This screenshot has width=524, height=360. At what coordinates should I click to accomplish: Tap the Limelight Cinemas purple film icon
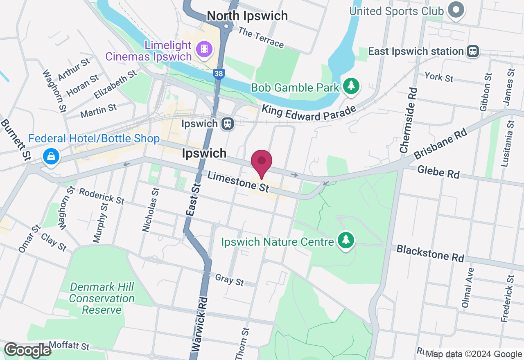pyautogui.click(x=204, y=49)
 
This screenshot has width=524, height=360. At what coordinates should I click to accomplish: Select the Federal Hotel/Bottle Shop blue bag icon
pyautogui.click(x=51, y=157)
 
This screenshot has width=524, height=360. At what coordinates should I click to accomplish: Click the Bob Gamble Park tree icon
pyautogui.click(x=351, y=86)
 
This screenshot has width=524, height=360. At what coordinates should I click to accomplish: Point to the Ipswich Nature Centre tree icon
pyautogui.click(x=346, y=240)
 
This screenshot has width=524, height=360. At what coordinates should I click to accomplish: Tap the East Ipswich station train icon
pyautogui.click(x=473, y=51)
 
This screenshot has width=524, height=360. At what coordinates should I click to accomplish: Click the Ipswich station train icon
pyautogui.click(x=228, y=124)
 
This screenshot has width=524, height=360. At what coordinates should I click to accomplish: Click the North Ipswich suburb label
pyautogui.click(x=247, y=16)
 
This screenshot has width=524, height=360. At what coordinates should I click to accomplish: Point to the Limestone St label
pyautogui.click(x=238, y=182)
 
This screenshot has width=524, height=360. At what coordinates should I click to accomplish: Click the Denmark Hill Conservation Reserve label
pyautogui.click(x=102, y=298)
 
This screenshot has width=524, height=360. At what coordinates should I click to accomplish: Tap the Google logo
pyautogui.click(x=27, y=350)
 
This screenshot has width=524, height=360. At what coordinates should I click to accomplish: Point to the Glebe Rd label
pyautogui.click(x=438, y=171)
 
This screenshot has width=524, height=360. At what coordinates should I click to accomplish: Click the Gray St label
pyautogui.click(x=229, y=280)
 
